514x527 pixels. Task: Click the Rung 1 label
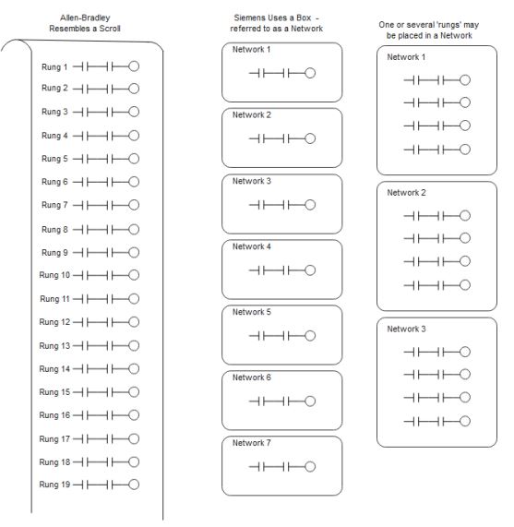click(54, 66)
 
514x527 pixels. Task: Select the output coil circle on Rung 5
click(134, 159)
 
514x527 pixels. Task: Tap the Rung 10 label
click(54, 275)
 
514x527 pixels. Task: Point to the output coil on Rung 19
click(134, 485)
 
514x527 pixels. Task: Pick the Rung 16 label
click(54, 415)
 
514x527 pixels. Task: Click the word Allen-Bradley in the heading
click(85, 18)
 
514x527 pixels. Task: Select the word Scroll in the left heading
click(110, 29)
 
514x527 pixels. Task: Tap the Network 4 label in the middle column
click(252, 246)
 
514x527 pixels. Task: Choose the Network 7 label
click(252, 443)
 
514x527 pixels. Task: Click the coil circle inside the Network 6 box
click(310, 401)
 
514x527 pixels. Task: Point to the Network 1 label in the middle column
click(252, 50)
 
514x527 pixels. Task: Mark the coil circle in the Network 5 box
click(310, 335)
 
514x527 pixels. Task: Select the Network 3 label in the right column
click(406, 329)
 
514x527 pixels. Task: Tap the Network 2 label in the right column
click(406, 193)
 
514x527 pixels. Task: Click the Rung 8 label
click(54, 230)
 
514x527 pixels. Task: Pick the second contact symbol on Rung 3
click(110, 112)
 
